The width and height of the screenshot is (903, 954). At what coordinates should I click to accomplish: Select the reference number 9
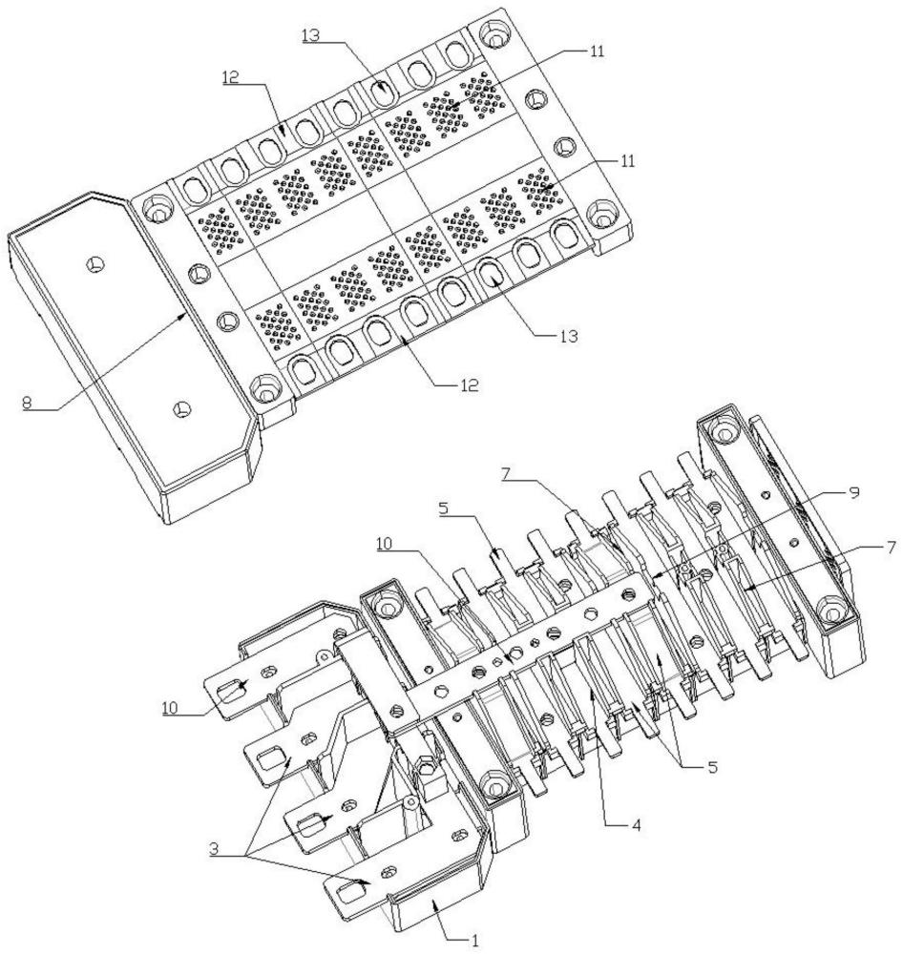[854, 492]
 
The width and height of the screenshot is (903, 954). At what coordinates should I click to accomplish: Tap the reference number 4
[636, 825]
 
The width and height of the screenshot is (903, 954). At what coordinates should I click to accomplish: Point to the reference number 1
[475, 941]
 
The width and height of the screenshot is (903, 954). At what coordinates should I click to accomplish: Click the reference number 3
[214, 849]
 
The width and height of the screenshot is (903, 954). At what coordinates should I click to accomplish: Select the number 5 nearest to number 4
[712, 767]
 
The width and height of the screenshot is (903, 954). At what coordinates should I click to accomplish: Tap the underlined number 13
[311, 35]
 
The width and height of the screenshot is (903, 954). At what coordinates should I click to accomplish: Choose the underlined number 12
[231, 77]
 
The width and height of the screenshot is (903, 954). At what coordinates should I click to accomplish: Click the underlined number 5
[444, 508]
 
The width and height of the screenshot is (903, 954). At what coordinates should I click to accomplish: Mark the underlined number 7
[507, 474]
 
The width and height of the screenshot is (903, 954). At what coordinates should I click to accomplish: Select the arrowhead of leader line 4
[591, 694]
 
